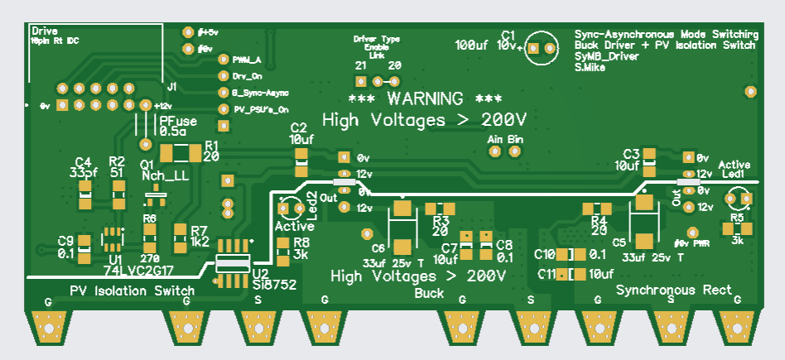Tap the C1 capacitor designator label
pos(508,35)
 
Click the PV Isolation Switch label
pos(132,290)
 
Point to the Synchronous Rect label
pos(674,290)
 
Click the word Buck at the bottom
pos(429,293)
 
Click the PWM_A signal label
pos(247,60)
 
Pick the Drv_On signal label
pos(247,76)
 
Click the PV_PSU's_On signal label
pos(260,109)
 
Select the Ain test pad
pos(496,154)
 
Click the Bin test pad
pos(515,154)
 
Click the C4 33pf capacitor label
pos(83,167)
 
